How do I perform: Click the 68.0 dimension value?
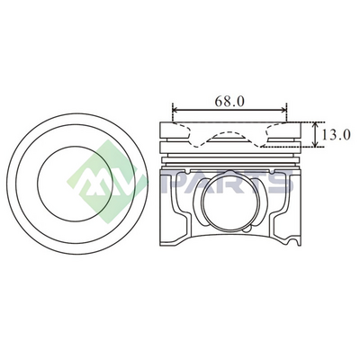point(229,102)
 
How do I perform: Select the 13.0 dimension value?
point(336,135)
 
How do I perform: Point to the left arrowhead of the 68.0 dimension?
point(176,111)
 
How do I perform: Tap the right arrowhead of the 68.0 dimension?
point(283,111)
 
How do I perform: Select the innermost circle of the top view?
point(75,184)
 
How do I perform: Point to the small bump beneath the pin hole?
point(247,229)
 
